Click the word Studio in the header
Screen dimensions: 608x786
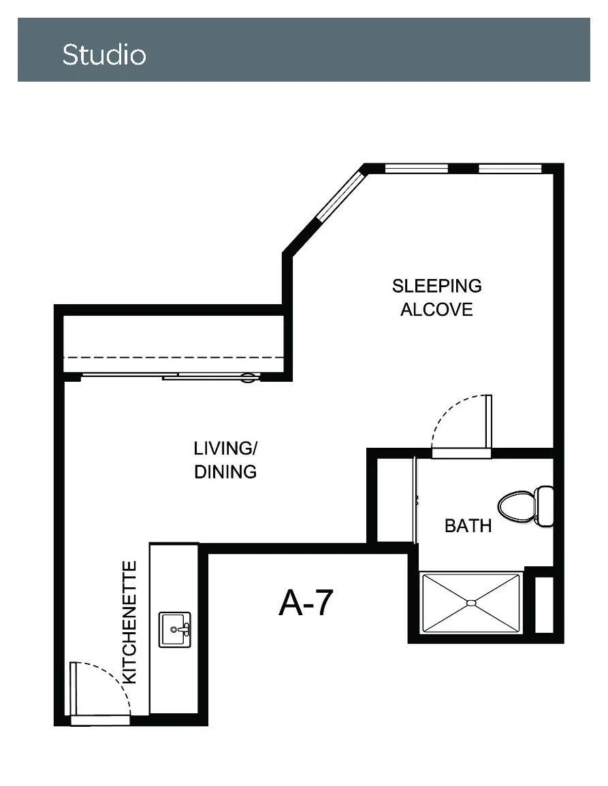coord(104,54)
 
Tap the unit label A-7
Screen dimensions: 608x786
coord(306,602)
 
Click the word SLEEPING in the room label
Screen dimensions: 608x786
coord(437,286)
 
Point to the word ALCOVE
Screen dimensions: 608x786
coord(436,310)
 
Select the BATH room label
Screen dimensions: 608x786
coord(468,526)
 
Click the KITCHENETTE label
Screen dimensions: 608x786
coord(130,622)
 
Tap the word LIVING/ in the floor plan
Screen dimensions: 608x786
coord(225,448)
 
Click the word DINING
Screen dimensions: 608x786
coord(225,472)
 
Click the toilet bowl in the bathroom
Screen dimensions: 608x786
coord(516,506)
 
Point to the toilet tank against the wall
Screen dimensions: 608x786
coord(544,506)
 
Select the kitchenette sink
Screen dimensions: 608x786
coord(175,629)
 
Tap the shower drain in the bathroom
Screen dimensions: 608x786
coord(471,603)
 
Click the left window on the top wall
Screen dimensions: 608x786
coord(417,169)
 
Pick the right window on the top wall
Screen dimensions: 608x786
coord(510,169)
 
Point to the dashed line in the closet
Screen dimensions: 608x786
coord(174,357)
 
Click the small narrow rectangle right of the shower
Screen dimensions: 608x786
coord(544,604)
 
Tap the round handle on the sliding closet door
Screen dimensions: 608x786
coord(249,378)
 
